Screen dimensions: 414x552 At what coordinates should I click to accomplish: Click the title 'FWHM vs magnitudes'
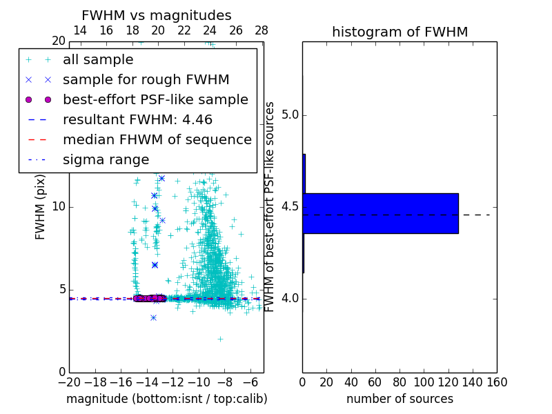[157, 15]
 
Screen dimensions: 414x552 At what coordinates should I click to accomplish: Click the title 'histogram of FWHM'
[400, 32]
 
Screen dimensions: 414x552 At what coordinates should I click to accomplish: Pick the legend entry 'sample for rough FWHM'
[146, 80]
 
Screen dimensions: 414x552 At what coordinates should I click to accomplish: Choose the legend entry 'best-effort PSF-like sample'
[155, 100]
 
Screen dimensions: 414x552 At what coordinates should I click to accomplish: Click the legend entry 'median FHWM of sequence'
[157, 140]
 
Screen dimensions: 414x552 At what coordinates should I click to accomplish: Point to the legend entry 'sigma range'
[106, 160]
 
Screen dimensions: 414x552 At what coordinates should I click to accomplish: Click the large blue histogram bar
[380, 213]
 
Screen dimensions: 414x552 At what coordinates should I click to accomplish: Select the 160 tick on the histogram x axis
[497, 382]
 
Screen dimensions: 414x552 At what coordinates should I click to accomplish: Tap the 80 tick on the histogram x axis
[400, 382]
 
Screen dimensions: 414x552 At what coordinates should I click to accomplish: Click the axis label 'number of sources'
[400, 399]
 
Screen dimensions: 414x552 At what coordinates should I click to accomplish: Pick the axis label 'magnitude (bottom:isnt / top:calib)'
[166, 399]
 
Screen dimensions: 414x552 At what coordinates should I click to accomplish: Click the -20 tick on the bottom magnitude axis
[69, 382]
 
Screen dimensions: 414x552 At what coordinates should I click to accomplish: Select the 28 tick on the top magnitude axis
[261, 31]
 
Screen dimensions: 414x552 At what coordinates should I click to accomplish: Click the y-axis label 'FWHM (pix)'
[41, 207]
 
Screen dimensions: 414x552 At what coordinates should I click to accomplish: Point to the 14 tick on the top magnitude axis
[80, 31]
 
